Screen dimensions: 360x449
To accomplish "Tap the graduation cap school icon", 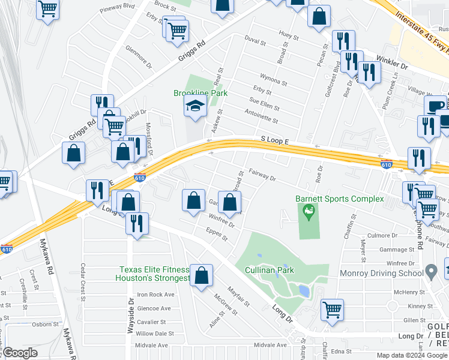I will pyautogui.click(x=195, y=107).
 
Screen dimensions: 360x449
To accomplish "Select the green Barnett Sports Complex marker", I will pyautogui.click(x=309, y=212).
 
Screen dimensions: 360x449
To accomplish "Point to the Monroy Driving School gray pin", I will pyautogui.click(x=430, y=271).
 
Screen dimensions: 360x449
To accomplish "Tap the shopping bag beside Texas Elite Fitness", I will pyautogui.click(x=202, y=275).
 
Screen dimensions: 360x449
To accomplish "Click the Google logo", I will pyautogui.click(x=20, y=353).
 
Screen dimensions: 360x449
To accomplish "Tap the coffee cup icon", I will pyautogui.click(x=435, y=106).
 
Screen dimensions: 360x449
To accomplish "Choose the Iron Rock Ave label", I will pyautogui.click(x=155, y=295).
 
